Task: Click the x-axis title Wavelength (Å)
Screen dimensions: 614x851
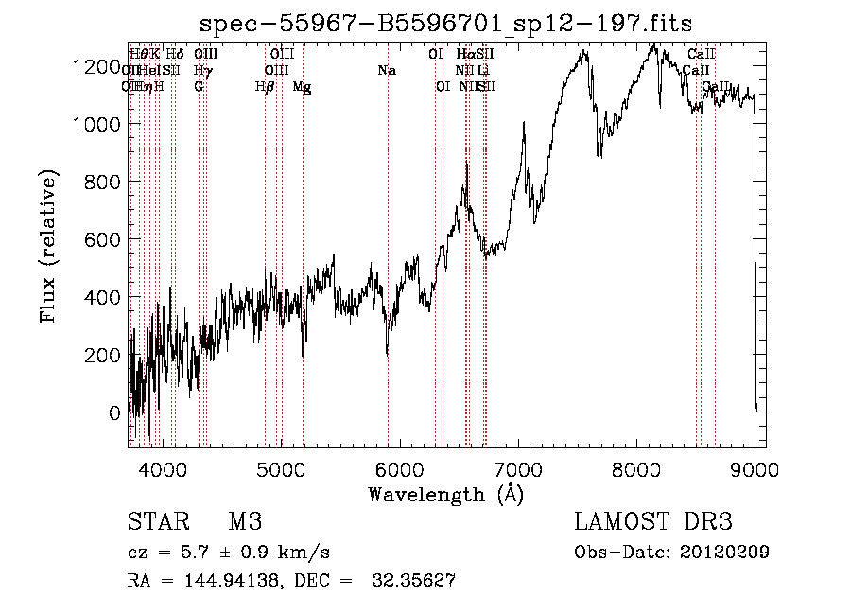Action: [446, 494]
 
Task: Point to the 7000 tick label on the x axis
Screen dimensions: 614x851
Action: [519, 469]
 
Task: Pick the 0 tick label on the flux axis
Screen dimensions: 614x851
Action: [115, 412]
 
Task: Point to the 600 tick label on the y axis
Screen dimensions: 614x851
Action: [105, 239]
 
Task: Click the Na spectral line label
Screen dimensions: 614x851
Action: [386, 70]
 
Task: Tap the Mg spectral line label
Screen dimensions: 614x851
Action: [303, 87]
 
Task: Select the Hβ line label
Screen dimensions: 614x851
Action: [265, 87]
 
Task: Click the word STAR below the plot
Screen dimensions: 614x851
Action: [156, 522]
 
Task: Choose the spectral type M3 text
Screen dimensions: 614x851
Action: [245, 522]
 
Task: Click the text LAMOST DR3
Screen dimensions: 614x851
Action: [653, 522]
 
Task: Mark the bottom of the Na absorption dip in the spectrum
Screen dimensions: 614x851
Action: [388, 354]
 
